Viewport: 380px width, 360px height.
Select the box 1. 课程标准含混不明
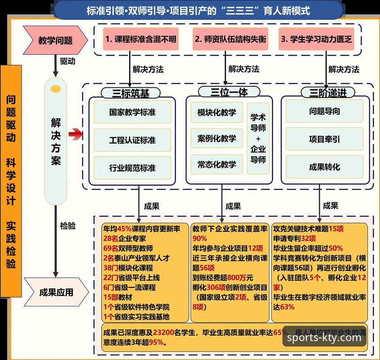(x=140, y=40)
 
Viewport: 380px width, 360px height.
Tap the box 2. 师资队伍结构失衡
(x=230, y=40)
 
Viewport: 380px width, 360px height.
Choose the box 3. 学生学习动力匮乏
(x=316, y=40)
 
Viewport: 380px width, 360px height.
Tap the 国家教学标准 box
(x=132, y=112)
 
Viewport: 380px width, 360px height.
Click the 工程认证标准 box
(x=132, y=140)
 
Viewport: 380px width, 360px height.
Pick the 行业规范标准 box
(x=132, y=168)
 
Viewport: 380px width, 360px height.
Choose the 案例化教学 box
(x=216, y=138)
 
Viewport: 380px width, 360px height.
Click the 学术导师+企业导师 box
(x=258, y=138)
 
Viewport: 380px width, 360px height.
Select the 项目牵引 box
(x=324, y=139)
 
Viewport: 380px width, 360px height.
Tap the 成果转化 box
(x=324, y=167)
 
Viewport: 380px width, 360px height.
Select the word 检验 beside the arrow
(x=67, y=226)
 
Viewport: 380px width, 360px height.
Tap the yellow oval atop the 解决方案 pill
(x=56, y=89)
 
